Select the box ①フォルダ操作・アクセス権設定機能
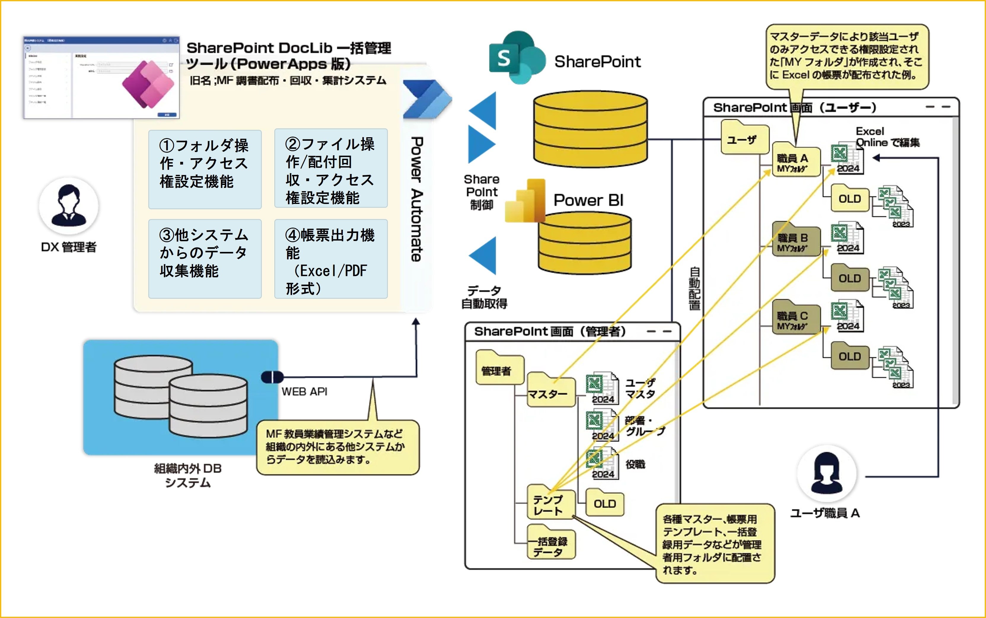click(x=205, y=169)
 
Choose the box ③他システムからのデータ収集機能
click(x=205, y=258)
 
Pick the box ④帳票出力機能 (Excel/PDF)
click(x=331, y=258)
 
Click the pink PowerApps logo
click(x=148, y=84)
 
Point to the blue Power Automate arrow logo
click(x=426, y=99)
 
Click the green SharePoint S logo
click(x=516, y=58)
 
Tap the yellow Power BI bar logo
click(x=525, y=201)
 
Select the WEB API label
click(x=305, y=392)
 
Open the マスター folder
click(x=551, y=392)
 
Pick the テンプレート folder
click(x=551, y=504)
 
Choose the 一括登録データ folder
click(x=551, y=544)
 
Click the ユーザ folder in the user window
click(x=744, y=138)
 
